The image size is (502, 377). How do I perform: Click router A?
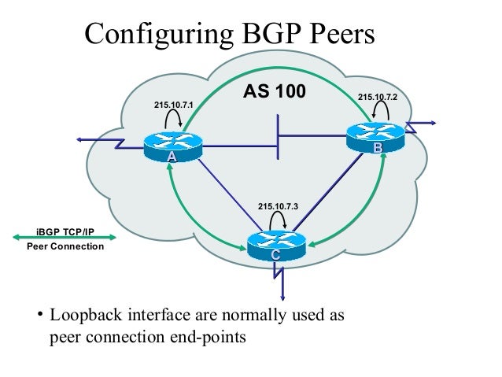pos(172,147)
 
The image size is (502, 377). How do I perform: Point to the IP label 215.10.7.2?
pos(378,97)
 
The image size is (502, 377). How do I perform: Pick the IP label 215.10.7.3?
pos(278,206)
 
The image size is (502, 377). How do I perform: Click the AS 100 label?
pos(274,93)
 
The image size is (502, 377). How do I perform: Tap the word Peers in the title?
pos(339,34)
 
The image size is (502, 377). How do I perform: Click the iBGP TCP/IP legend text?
pos(65,231)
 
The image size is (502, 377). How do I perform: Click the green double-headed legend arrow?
pos(65,238)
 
